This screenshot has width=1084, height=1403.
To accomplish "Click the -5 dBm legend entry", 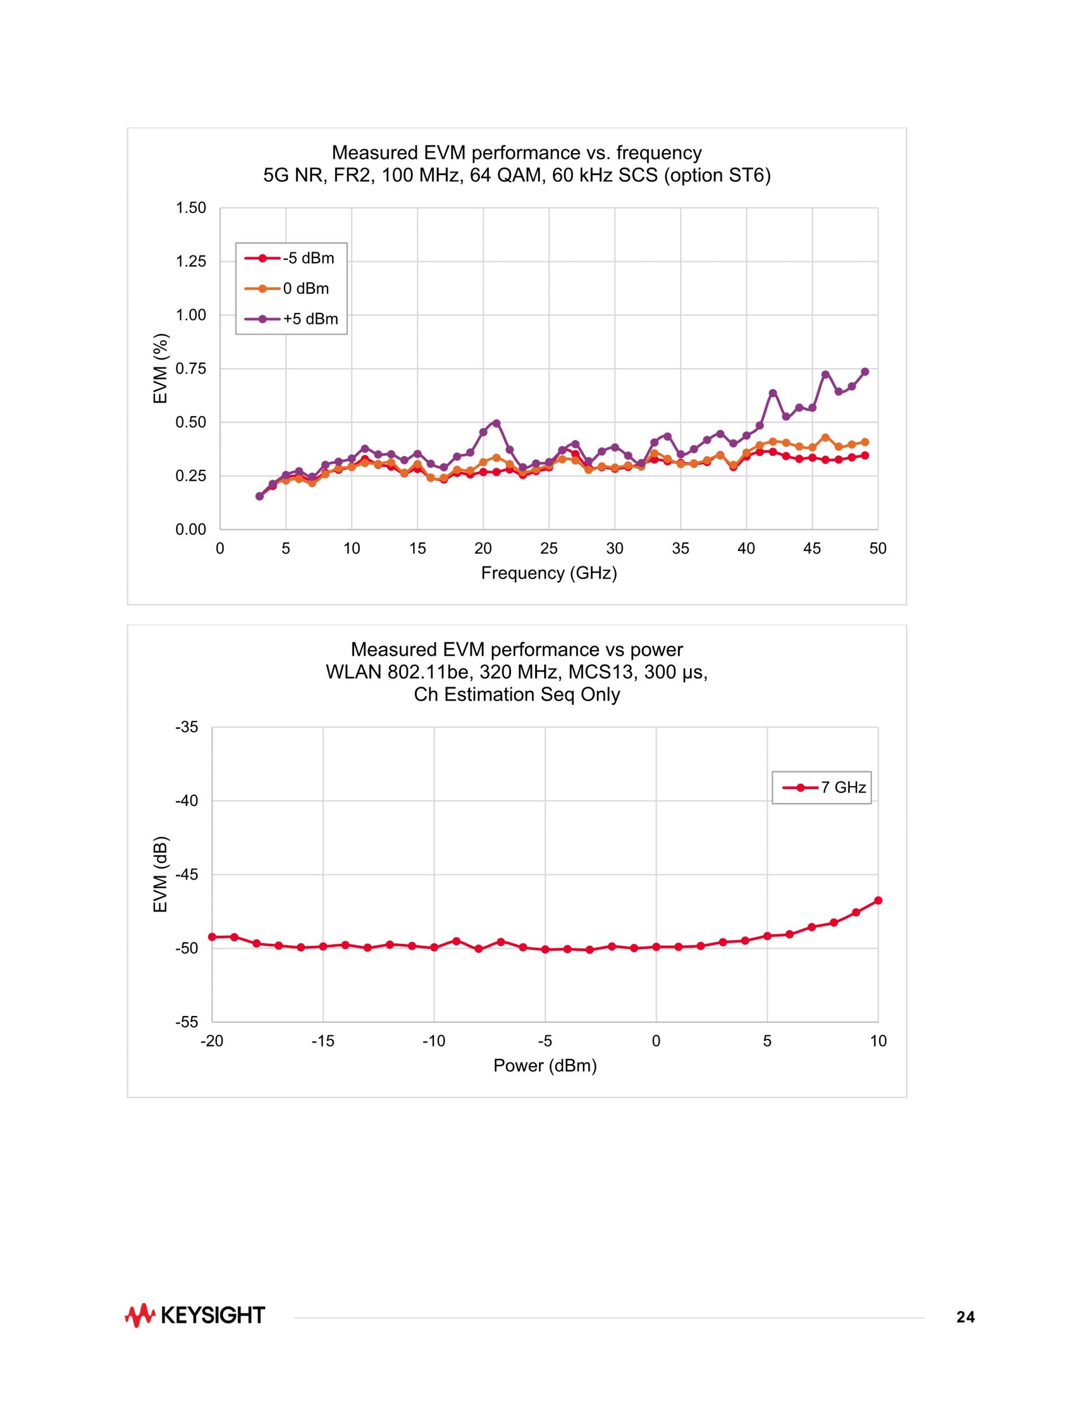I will (290, 258).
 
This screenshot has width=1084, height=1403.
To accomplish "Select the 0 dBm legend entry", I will (288, 289).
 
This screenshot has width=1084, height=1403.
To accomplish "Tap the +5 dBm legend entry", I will (292, 319).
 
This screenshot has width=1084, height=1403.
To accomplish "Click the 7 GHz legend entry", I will (824, 787).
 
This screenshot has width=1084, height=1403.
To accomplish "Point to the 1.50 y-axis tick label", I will (191, 208).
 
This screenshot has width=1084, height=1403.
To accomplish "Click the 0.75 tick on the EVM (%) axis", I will (191, 369).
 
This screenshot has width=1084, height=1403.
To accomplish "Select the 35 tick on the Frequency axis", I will (681, 548).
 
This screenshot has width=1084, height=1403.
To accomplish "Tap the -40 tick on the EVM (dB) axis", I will (187, 801).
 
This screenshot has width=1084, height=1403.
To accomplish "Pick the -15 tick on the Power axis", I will (323, 1042).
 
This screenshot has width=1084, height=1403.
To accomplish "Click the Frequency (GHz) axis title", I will (549, 573).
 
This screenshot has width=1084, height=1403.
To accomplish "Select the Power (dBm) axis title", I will (545, 1066).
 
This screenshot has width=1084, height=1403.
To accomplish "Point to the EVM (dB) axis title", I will (160, 874).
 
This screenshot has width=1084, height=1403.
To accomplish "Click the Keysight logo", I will (195, 1315).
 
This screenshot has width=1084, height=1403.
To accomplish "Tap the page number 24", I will (965, 1318).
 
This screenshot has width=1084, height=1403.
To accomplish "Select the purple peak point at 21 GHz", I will (496, 424).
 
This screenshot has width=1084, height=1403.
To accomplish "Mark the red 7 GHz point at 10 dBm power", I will (878, 901).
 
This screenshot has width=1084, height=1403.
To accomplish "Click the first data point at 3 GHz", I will (260, 496).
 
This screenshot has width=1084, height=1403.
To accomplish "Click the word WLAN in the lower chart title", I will (354, 672).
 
